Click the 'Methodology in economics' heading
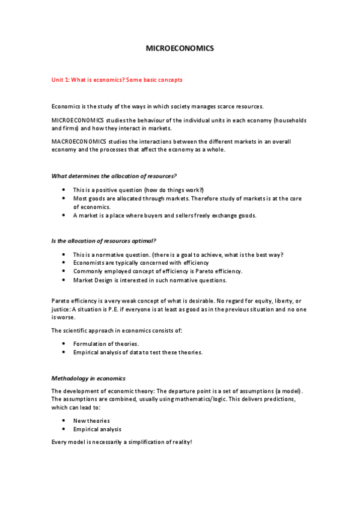pos(88,378)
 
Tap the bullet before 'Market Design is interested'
pos(64,280)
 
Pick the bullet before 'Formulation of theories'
pos(64,344)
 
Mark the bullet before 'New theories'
pos(64,421)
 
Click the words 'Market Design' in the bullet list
pos(91,280)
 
